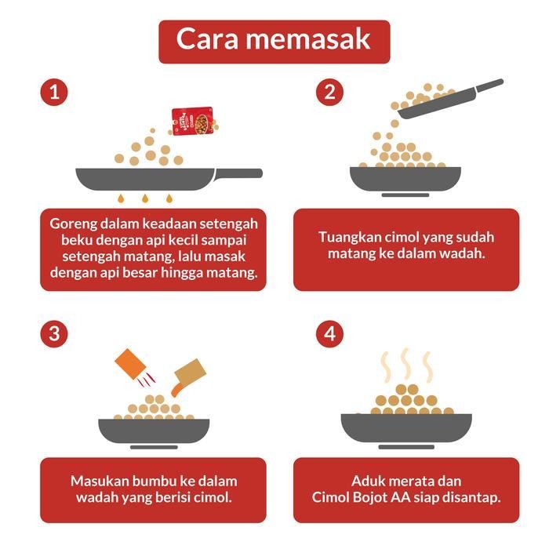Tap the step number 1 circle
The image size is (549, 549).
[x=53, y=93]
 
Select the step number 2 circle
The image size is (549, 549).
[x=329, y=93]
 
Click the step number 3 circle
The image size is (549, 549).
[x=53, y=334]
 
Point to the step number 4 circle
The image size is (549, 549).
[x=329, y=334]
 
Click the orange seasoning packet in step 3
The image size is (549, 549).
[x=134, y=368]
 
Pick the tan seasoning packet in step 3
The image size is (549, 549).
[x=187, y=375]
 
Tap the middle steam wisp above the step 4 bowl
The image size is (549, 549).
[x=405, y=364]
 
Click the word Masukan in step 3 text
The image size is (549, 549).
[x=98, y=481]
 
